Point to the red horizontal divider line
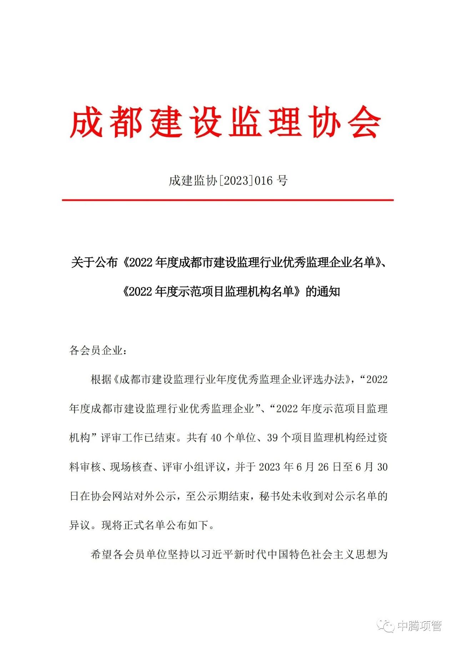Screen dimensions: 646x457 point(228,200)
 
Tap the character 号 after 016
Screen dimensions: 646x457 point(282,181)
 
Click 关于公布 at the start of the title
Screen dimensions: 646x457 point(94,263)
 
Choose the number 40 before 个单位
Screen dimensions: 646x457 point(216,438)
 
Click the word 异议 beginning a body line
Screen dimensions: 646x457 point(80,525)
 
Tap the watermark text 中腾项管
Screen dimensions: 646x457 point(420,626)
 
